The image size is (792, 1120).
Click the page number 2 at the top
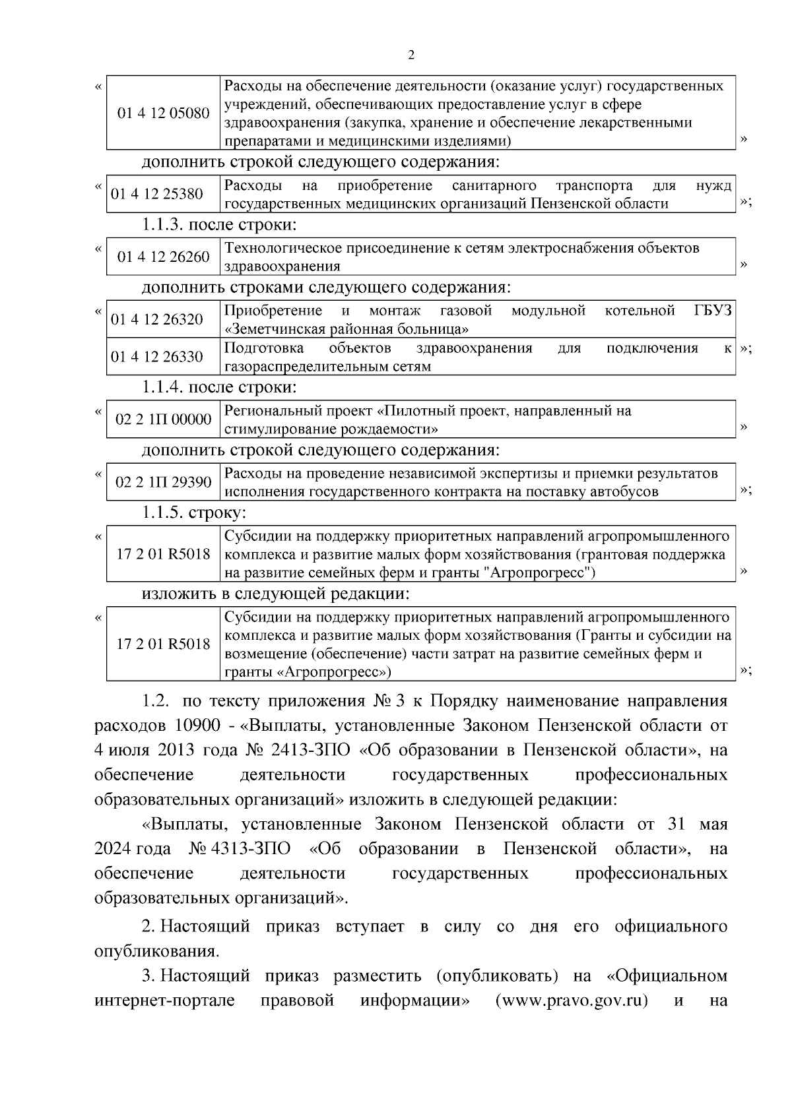click(411, 56)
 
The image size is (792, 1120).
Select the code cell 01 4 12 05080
click(163, 113)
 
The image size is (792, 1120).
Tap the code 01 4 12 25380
click(157, 194)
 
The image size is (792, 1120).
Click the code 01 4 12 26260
click(163, 257)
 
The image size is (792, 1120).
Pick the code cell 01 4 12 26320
click(157, 320)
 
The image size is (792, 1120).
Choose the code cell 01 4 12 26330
click(157, 357)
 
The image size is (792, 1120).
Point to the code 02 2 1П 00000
click(163, 420)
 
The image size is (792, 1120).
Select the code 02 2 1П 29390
click(163, 482)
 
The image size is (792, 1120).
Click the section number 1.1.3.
click(162, 225)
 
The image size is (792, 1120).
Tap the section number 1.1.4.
click(162, 387)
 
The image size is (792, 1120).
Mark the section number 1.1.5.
click(162, 513)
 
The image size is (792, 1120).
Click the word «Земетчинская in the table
click(277, 329)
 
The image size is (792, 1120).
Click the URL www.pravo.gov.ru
click(571, 1001)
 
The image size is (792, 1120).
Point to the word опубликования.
click(156, 952)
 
